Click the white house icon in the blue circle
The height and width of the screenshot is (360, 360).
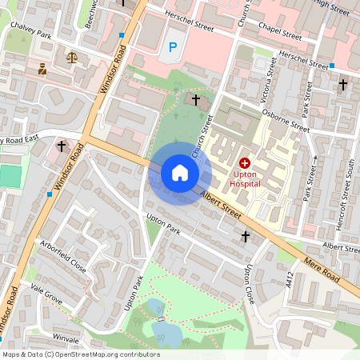[x=179, y=173]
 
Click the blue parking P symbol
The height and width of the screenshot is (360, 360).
[x=173, y=48]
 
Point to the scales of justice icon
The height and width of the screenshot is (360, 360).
[x=74, y=58]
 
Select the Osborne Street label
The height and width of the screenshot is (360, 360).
[x=287, y=118]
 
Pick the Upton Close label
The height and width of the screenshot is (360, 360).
[x=250, y=283]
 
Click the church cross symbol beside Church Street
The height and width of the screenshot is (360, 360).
[x=196, y=99]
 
